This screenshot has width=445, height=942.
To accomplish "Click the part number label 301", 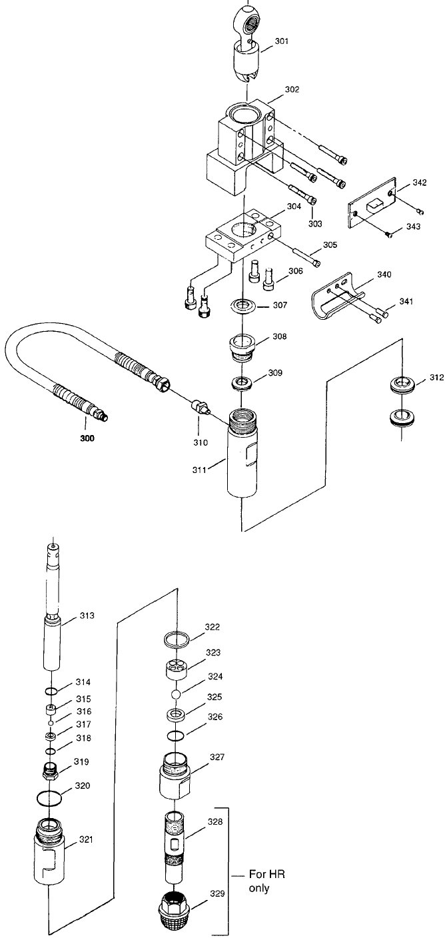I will coord(282,41).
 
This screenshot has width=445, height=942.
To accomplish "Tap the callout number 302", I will coord(292,89).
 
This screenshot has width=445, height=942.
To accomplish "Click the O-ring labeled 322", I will coord(177,639).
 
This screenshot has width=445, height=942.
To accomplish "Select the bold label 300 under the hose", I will coord(87,438).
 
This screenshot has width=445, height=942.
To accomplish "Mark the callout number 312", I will coord(436,377).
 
